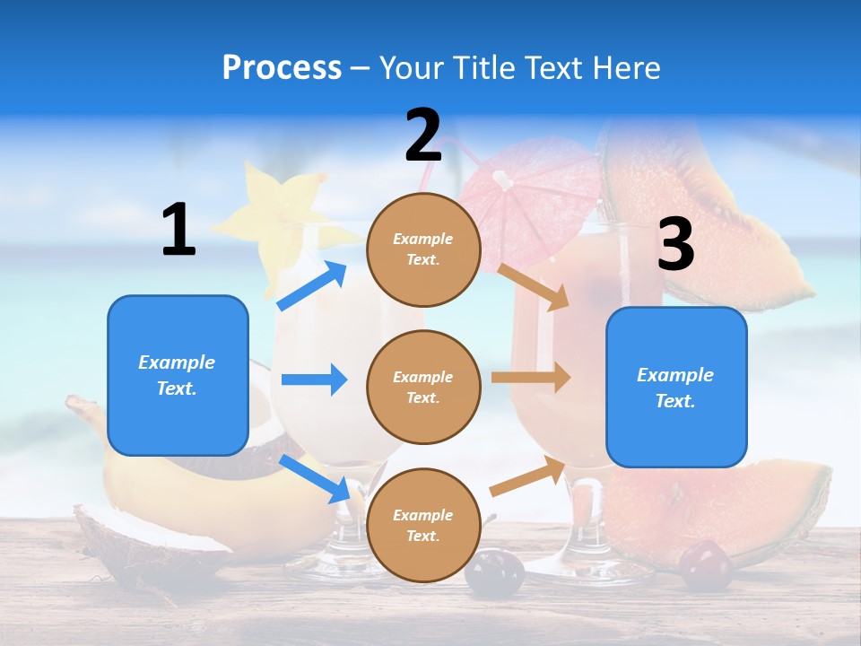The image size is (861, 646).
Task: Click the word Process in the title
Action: [282, 67]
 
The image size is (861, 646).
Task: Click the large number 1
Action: [178, 230]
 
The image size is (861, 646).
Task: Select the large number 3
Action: [675, 245]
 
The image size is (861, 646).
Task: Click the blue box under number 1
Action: [178, 375]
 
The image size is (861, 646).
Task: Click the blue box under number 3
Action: [676, 387]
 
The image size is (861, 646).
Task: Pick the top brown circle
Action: [423, 249]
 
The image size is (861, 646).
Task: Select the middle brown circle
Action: [423, 387]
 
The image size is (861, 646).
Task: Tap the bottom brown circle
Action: [423, 525]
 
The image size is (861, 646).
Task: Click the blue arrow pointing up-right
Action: [312, 285]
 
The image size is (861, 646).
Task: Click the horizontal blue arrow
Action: [314, 380]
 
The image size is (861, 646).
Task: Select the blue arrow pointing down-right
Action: [315, 478]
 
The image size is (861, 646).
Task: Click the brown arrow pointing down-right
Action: [534, 286]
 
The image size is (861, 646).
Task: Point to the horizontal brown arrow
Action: [530, 377]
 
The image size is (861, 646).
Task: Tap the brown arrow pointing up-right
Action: [528, 476]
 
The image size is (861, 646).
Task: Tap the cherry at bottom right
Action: [705, 565]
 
